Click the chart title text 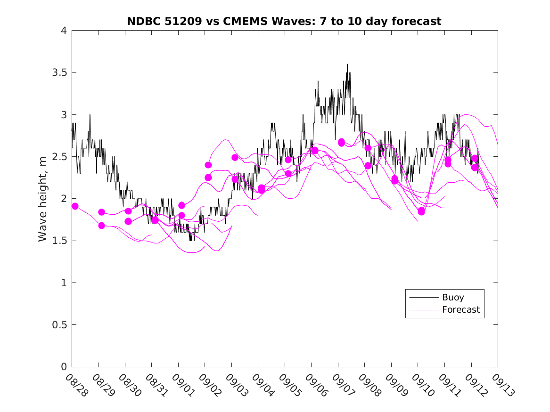click(284, 21)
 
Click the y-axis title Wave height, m click(43, 198)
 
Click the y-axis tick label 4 click(63, 31)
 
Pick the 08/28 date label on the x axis click(76, 386)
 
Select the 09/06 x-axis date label click(315, 386)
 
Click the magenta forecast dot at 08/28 click(74, 206)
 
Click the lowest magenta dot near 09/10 click(421, 212)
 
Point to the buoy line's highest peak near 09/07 click(347, 65)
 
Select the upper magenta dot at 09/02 click(208, 165)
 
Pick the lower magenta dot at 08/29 click(101, 226)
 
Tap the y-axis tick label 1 click(63, 283)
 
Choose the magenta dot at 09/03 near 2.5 click(235, 157)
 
